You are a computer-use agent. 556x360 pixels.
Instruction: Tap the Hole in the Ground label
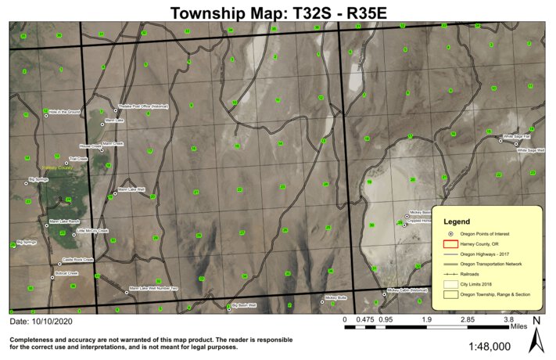point(64,112)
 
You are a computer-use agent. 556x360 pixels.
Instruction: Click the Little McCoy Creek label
point(92,231)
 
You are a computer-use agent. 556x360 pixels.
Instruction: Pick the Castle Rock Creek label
point(77,260)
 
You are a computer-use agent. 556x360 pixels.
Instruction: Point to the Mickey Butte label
point(335,297)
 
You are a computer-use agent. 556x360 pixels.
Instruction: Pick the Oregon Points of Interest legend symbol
point(451,234)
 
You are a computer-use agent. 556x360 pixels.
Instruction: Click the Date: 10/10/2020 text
point(41,322)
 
